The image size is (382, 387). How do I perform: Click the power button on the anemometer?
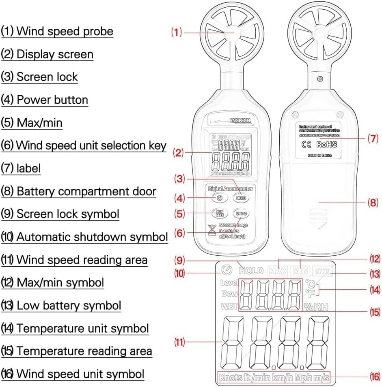pyautogui.click(x=219, y=198)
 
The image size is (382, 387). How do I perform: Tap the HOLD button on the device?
pyautogui.click(x=241, y=198)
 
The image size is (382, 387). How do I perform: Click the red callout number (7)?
pyautogui.click(x=373, y=138)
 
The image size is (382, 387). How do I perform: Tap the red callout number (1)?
pyautogui.click(x=176, y=32)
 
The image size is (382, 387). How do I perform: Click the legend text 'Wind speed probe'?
pyautogui.click(x=65, y=31)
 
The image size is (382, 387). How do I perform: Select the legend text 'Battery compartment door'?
pyautogui.click(x=86, y=191)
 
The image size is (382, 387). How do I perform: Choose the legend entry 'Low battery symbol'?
pyautogui.click(x=69, y=305)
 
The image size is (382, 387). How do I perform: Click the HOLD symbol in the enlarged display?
pyautogui.click(x=251, y=271)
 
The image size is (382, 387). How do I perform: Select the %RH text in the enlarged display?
pyautogui.click(x=315, y=307)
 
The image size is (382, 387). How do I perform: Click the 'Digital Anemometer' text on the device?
pyautogui.click(x=230, y=188)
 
